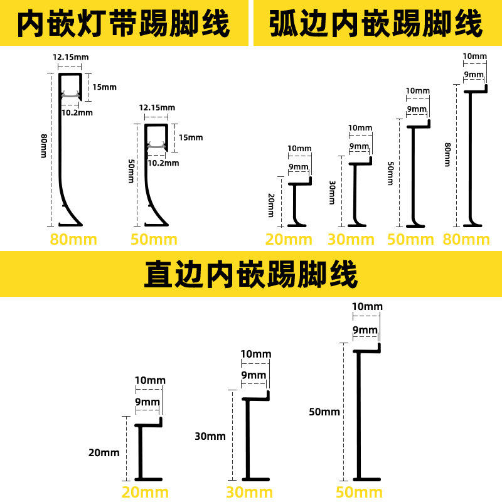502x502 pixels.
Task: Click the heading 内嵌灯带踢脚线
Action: pos(124,24)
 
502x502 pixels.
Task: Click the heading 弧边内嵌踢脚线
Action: pos(376,24)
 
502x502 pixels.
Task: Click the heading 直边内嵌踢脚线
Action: pos(250,274)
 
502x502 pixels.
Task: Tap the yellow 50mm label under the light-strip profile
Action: pos(154,240)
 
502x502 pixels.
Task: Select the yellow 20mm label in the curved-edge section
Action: pos(289,240)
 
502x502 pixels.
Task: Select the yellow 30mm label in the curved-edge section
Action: pos(351,240)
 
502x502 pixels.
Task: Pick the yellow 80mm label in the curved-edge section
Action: pos(466,240)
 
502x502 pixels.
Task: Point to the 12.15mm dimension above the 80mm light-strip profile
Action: pos(70,57)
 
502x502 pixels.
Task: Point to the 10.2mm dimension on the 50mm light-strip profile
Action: pos(163,163)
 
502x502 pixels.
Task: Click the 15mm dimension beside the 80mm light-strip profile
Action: pos(105,87)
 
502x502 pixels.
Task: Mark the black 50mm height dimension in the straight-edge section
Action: pos(324,412)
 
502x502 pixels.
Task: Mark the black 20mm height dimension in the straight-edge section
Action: pos(104,452)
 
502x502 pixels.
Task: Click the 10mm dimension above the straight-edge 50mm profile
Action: pos(367,307)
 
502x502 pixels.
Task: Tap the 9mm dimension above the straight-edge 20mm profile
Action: pos(147,402)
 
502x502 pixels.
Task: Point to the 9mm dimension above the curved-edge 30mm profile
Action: pos(360,147)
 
